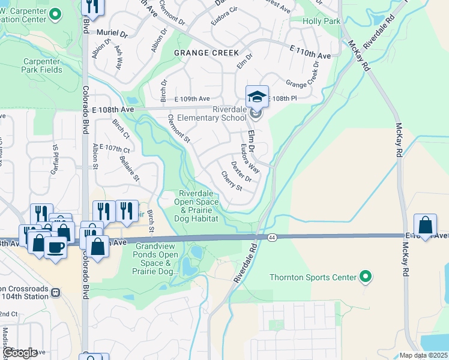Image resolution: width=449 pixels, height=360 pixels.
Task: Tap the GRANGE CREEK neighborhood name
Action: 206,53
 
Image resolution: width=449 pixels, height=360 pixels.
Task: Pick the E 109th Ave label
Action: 192,98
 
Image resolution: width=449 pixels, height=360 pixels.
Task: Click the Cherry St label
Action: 231,181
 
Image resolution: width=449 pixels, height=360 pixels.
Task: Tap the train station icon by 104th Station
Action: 55,292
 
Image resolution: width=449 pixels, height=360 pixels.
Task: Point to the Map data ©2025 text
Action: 423,355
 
